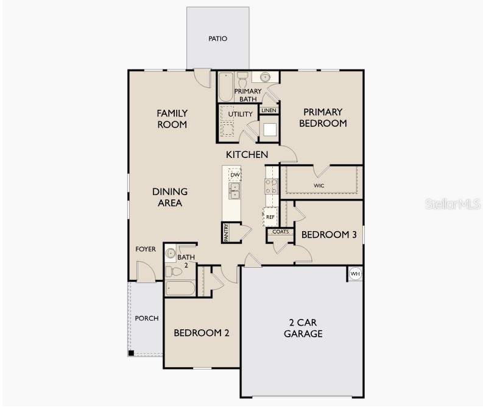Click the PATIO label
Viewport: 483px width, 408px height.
tap(218, 38)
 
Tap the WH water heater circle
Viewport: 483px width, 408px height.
tap(355, 274)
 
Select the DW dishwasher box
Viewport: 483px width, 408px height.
tap(235, 175)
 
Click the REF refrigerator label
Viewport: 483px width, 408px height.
tap(270, 217)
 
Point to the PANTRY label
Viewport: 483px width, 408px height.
tap(227, 232)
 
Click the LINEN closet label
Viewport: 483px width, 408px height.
tap(269, 110)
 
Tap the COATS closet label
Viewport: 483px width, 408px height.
tap(281, 232)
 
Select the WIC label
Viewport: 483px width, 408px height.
tap(319, 185)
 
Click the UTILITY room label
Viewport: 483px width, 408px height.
tap(240, 114)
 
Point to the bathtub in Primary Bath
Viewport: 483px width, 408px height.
tap(226, 87)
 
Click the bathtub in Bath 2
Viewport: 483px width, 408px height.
tap(180, 288)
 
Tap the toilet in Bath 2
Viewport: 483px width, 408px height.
tap(174, 271)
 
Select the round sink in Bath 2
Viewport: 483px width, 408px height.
tap(171, 253)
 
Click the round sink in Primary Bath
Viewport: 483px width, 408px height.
tap(265, 77)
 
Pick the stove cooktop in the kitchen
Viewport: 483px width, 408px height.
tap(271, 186)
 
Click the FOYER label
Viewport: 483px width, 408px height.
tap(146, 249)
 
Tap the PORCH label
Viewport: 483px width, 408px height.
tap(147, 318)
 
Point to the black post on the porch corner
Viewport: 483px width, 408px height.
tap(131, 353)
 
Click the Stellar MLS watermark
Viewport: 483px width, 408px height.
tap(453, 204)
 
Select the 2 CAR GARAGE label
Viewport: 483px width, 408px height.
tap(303, 328)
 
